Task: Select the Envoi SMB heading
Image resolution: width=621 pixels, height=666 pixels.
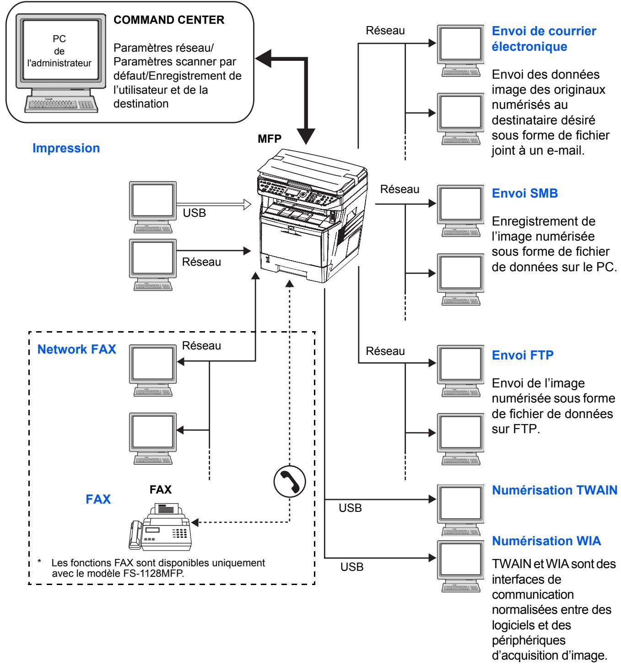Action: tap(525, 193)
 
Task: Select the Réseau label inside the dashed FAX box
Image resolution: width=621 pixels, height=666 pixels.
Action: tap(201, 345)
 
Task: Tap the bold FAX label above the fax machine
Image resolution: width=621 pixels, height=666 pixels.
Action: tap(161, 489)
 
